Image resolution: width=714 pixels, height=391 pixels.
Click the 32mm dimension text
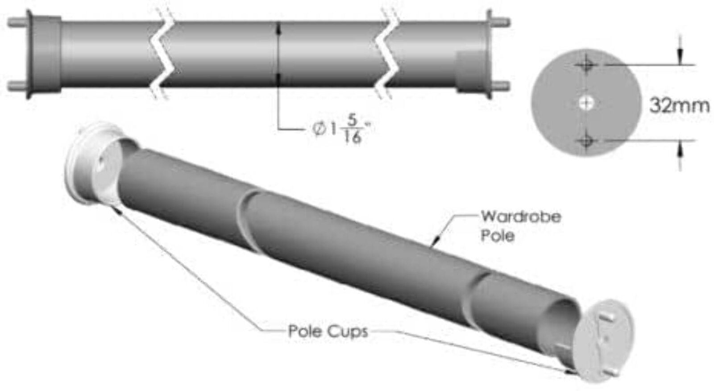679,105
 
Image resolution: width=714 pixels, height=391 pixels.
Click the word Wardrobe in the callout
521,217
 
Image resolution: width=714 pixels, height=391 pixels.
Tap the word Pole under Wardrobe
498,236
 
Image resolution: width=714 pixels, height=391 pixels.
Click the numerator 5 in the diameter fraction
352,121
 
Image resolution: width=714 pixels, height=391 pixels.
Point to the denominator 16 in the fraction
352,137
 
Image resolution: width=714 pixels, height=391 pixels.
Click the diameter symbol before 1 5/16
319,129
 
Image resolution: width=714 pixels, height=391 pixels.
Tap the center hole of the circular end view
586,103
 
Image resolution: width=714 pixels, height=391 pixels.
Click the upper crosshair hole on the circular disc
586,65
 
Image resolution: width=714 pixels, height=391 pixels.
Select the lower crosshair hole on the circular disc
586,140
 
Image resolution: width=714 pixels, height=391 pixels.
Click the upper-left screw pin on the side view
17,23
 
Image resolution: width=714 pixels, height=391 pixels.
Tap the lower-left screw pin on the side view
17,86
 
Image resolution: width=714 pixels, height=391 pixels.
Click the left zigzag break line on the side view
162,53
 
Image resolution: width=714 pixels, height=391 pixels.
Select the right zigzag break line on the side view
387,53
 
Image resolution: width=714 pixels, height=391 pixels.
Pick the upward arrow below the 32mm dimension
680,155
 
